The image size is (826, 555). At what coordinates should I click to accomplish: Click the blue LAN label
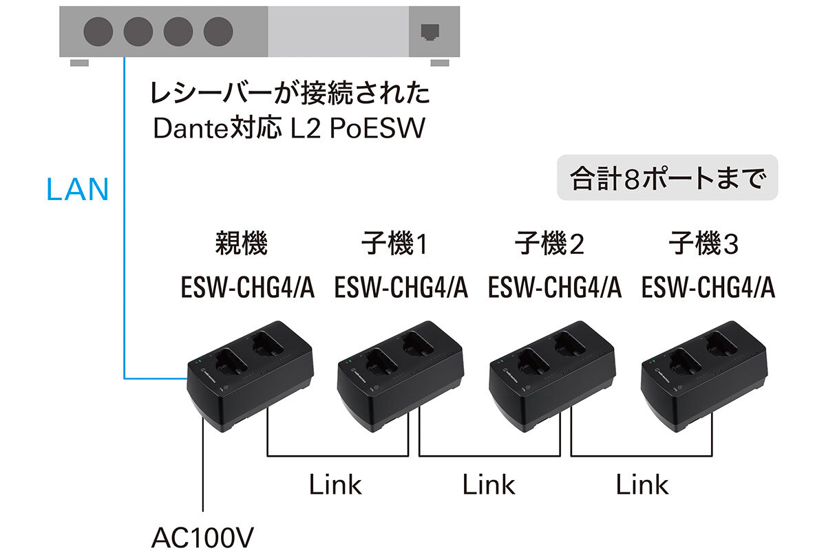coord(77,189)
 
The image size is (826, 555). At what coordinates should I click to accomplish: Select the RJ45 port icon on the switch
coord(430,32)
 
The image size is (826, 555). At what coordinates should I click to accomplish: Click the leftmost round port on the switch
coord(98,31)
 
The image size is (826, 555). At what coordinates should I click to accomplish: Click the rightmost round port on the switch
coord(219,31)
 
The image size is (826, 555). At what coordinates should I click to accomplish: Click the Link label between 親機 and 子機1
coord(335,484)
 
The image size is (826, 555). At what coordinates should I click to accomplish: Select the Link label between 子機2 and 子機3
coord(642,484)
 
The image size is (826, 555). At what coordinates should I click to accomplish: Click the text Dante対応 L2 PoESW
coord(289,129)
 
